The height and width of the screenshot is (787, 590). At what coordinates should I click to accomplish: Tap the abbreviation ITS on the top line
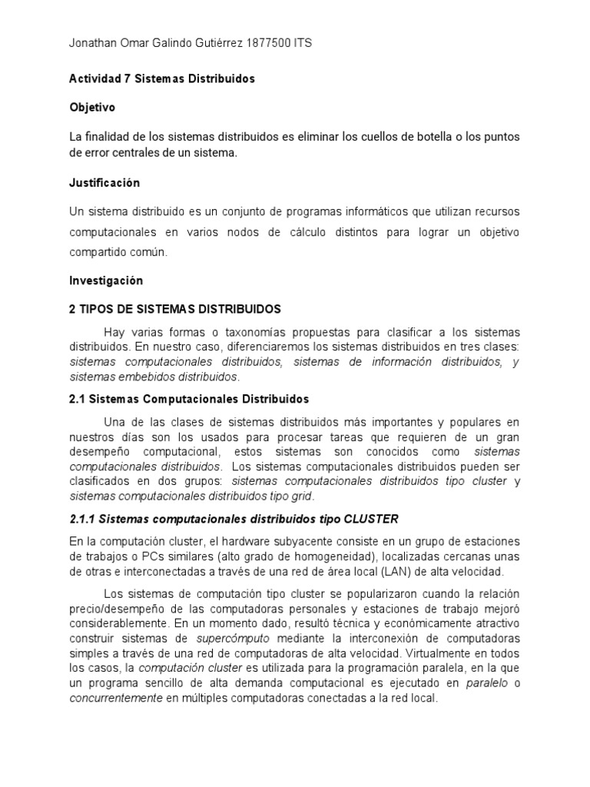tap(303, 44)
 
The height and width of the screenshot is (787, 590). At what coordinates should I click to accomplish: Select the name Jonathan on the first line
tap(94, 44)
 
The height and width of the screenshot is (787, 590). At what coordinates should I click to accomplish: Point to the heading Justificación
tap(104, 182)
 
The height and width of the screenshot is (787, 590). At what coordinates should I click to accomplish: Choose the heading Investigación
tap(106, 281)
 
